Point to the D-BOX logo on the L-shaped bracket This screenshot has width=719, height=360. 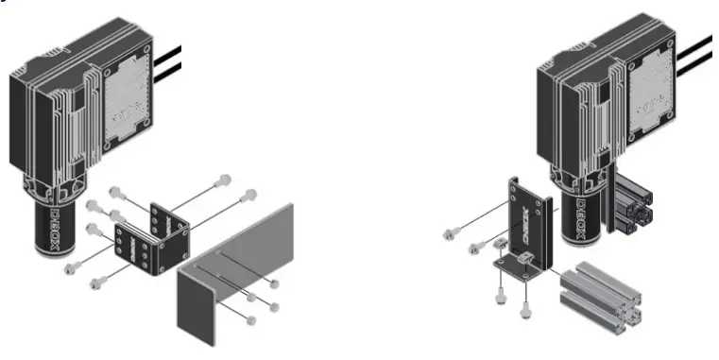516,219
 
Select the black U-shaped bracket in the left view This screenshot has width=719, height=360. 151,236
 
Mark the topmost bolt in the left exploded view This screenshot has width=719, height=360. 223,180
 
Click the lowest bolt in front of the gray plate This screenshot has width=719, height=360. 250,320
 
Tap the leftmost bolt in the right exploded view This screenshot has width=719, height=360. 449,231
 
